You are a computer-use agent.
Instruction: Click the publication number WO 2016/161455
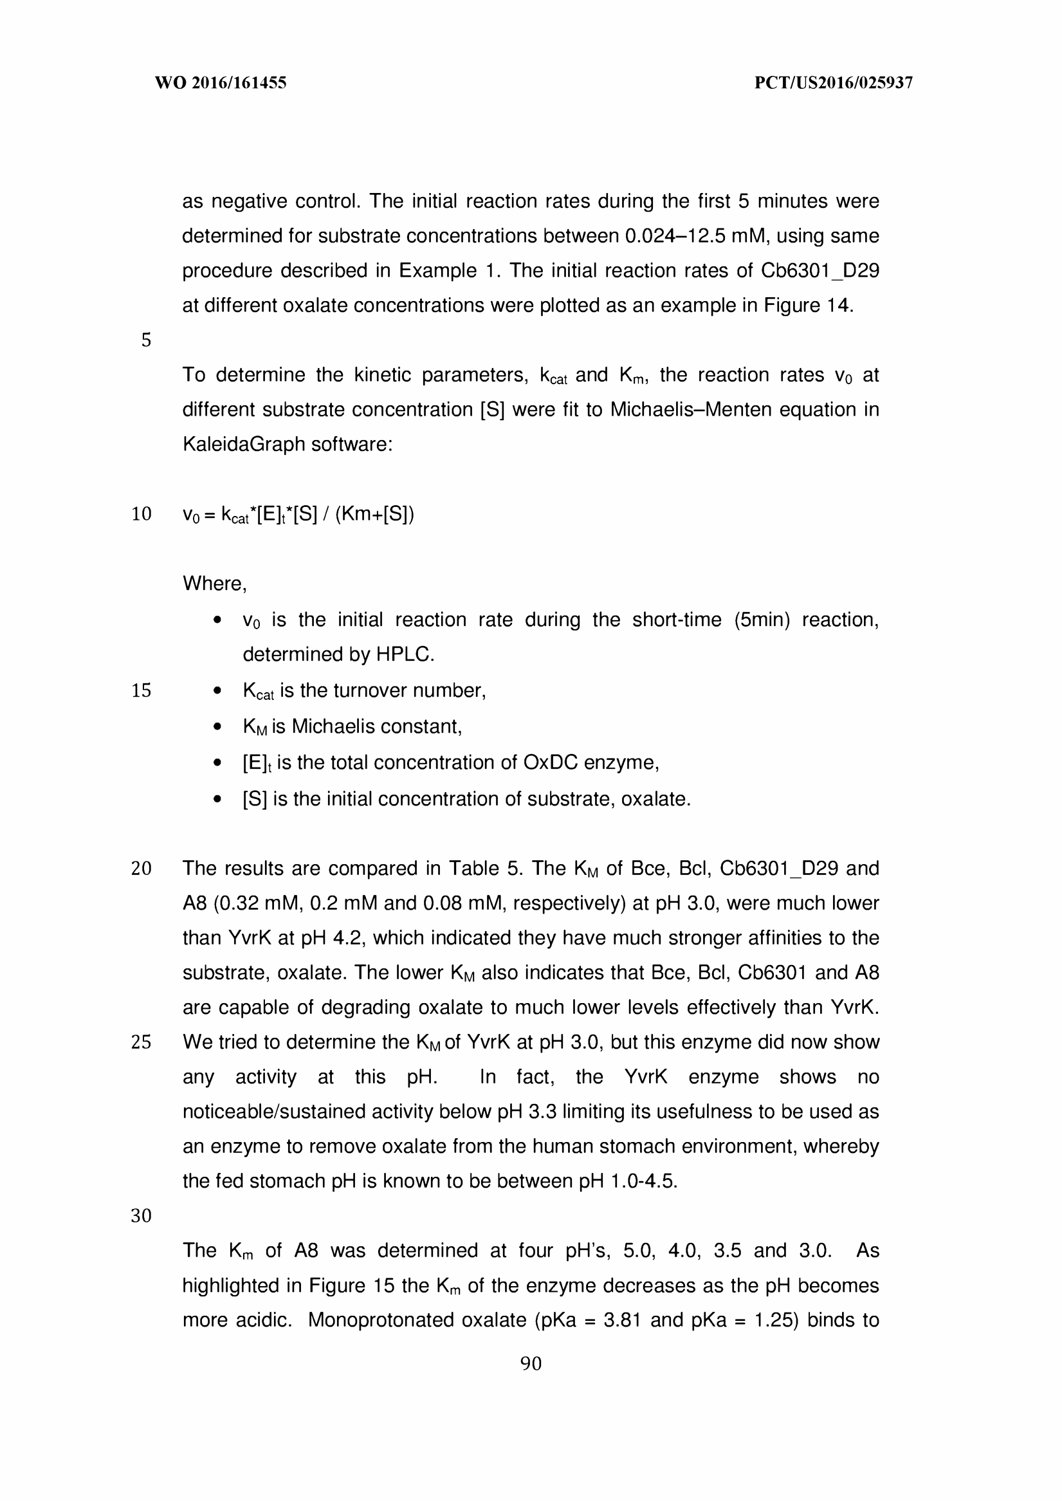(221, 82)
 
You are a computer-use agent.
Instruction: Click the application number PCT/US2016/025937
(833, 82)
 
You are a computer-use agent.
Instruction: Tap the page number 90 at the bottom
(530, 1363)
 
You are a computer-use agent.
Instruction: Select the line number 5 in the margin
(146, 340)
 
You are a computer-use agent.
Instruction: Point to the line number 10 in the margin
(142, 514)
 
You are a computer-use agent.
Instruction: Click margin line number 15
(142, 690)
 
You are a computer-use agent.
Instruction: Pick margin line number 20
(142, 869)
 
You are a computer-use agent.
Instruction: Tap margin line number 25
(142, 1042)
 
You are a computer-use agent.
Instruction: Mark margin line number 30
(142, 1216)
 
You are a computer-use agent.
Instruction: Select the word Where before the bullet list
(212, 584)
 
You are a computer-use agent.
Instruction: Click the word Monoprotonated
(381, 1320)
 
